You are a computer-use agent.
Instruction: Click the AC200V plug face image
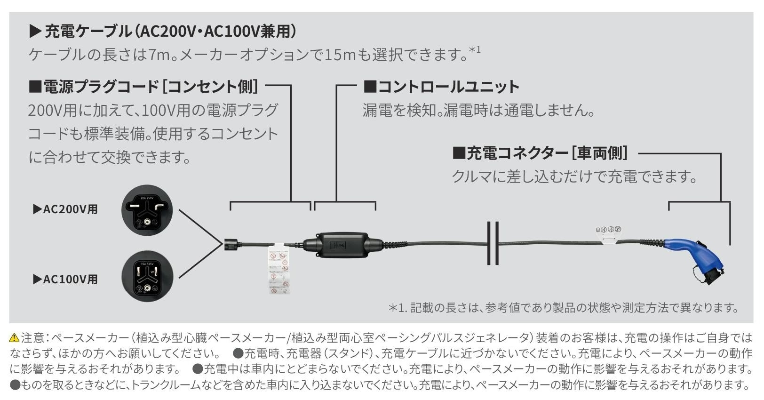click(x=147, y=210)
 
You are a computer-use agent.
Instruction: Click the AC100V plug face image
click(x=147, y=276)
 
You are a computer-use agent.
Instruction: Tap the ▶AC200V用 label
click(x=65, y=209)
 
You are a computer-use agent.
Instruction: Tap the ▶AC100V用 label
click(x=65, y=279)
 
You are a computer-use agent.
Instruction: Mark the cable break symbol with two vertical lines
click(x=493, y=243)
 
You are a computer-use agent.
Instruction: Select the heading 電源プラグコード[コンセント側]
click(x=143, y=87)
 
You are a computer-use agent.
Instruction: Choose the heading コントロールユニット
click(x=441, y=87)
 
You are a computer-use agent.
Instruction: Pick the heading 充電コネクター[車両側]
click(x=540, y=153)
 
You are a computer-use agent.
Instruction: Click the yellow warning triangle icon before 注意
click(x=14, y=337)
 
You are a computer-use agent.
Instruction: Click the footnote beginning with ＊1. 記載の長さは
click(x=563, y=308)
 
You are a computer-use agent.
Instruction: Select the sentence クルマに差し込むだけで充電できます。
click(x=574, y=177)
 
